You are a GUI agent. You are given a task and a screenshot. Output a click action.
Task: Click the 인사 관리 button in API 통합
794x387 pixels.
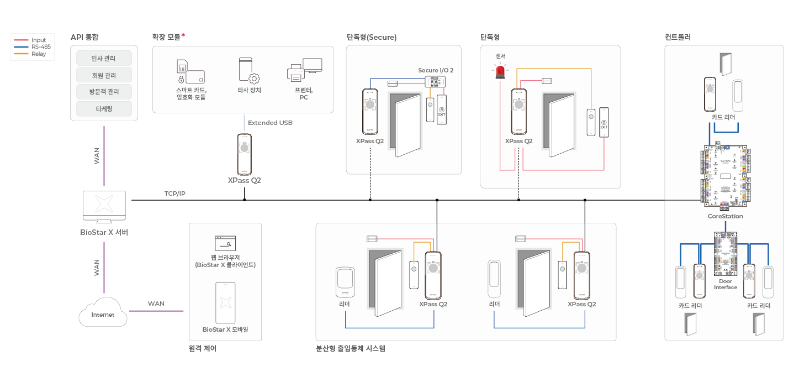104,58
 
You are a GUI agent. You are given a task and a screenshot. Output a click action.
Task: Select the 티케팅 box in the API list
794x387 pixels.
104,108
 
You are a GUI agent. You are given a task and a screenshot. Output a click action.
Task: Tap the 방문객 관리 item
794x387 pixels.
104,92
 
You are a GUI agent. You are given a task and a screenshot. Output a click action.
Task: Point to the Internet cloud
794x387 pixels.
103,313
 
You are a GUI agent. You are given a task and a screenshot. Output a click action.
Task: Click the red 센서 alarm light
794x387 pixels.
501,71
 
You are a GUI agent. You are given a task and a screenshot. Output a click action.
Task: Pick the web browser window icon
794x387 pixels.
225,243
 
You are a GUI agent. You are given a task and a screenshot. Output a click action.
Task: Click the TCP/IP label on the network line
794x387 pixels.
175,194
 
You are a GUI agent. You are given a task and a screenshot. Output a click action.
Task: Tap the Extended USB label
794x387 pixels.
270,123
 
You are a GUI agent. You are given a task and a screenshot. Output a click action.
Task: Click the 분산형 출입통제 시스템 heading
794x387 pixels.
350,349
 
